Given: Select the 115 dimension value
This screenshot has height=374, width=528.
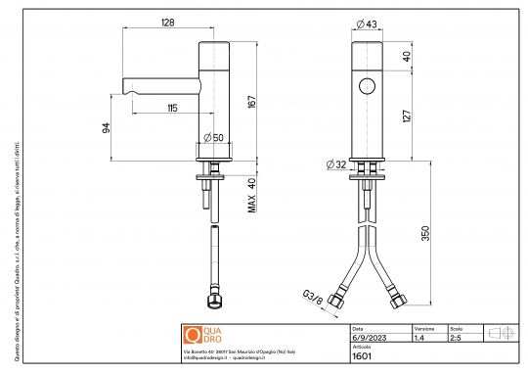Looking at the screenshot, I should coord(172,108).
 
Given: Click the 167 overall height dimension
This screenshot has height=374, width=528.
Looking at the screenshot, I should coord(251,101).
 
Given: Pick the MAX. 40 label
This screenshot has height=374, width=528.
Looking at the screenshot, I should coord(251,195).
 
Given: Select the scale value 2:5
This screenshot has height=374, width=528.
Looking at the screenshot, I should coord(455,338).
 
